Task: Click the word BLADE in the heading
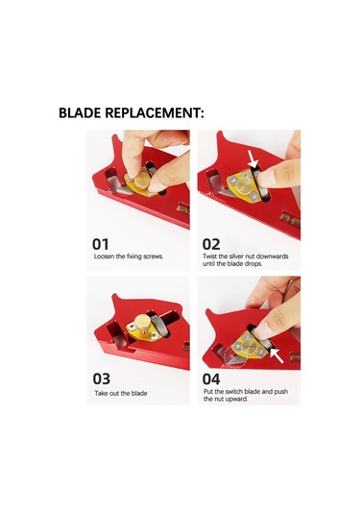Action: point(80,112)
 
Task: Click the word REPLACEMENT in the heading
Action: point(153,112)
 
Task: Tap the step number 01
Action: point(100,245)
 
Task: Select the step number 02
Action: point(211,245)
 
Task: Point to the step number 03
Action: point(102,379)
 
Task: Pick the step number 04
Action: point(211,379)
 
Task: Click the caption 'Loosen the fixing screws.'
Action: point(129,257)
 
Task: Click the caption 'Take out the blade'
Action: point(121,393)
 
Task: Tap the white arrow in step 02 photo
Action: point(252,160)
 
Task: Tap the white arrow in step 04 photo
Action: point(276,355)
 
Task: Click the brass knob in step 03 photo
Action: point(142,322)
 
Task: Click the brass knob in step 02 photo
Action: point(245,185)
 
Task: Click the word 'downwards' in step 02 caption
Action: point(272,257)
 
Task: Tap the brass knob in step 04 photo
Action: point(250,346)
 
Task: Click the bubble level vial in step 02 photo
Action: point(290,220)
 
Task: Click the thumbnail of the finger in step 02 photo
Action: point(265,179)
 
